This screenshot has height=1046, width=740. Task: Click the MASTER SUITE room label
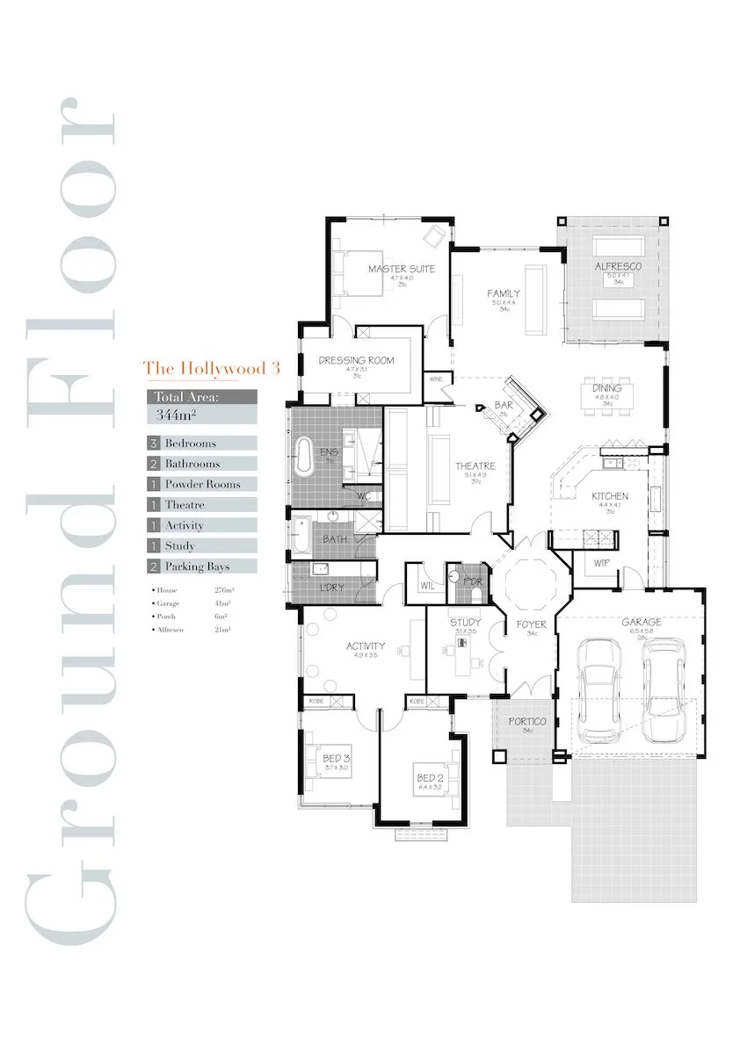click(x=401, y=269)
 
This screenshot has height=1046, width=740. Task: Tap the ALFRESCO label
click(x=618, y=266)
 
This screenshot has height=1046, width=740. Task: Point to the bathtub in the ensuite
click(x=306, y=457)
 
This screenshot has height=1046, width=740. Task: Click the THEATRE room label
click(x=475, y=465)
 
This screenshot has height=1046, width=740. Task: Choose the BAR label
click(x=504, y=405)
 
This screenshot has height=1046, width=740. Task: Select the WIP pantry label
click(x=601, y=563)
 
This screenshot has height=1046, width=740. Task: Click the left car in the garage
click(x=600, y=689)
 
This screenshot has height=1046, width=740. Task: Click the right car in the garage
click(x=664, y=689)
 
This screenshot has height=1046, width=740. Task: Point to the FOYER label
click(x=531, y=624)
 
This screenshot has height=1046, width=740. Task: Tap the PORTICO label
click(x=527, y=721)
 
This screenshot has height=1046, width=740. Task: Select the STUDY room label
click(x=465, y=622)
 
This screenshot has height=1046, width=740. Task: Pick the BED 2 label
click(x=428, y=778)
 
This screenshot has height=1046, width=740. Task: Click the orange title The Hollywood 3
click(x=211, y=368)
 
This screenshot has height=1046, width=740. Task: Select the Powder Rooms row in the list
click(x=201, y=484)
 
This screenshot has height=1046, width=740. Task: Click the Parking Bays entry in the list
click(x=201, y=566)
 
